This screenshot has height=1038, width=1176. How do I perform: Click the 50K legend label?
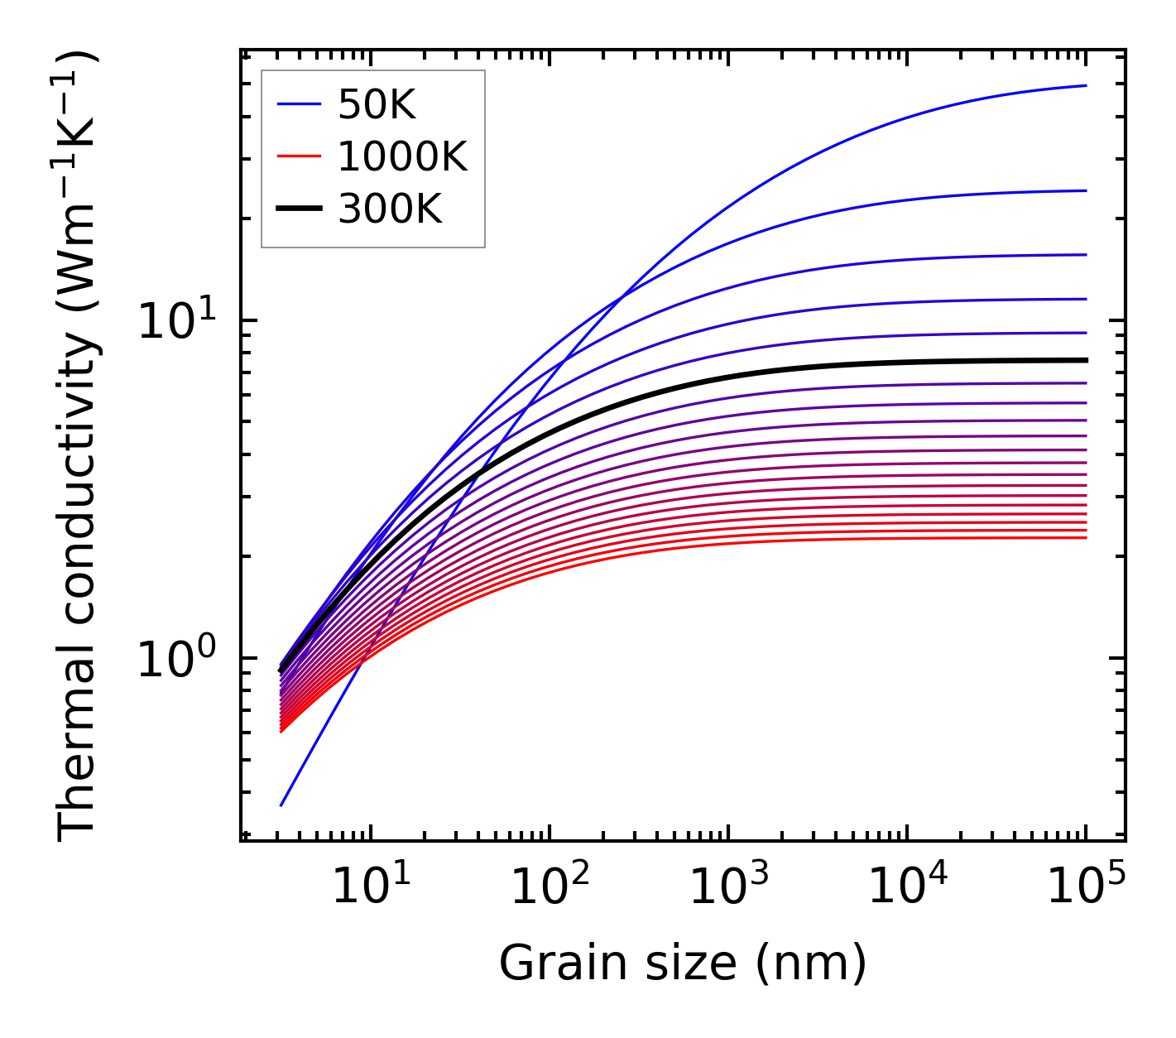point(377,104)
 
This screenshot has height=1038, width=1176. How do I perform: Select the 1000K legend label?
point(402,156)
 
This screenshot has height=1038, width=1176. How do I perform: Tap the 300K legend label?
point(390,209)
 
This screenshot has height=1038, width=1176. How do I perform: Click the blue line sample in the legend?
point(298,104)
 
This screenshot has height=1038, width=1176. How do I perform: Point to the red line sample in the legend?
point(298,156)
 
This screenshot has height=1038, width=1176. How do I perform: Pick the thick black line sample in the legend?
point(298,209)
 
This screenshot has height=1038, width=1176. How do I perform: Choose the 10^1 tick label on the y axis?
point(174,320)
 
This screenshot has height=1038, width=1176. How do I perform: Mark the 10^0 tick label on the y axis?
point(174,659)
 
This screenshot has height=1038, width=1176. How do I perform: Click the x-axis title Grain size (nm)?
point(683,963)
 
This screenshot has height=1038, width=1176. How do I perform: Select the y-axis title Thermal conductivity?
point(78,447)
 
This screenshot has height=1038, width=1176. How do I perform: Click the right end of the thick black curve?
point(1086,360)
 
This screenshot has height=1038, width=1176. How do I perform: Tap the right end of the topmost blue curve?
point(1086,85)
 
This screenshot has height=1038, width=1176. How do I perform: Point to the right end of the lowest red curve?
point(1086,538)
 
